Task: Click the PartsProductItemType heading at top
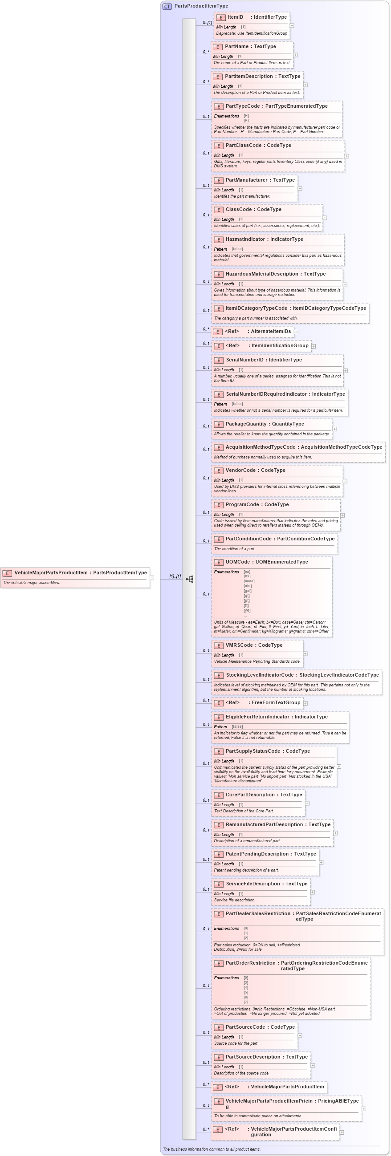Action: pos(201,6)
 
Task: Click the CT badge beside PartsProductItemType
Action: pos(167,6)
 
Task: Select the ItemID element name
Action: pos(235,17)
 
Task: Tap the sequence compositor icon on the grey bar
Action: pos(189,580)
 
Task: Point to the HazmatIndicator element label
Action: pos(245,239)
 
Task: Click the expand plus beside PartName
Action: pos(295,55)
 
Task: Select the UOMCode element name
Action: pos(237,562)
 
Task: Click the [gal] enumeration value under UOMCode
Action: pos(247,591)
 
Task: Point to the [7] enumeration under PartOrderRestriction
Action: pos(245,1002)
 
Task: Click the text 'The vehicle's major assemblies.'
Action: pos(32,583)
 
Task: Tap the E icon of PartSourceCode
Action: pos(219,1028)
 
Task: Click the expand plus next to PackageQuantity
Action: pos(334,429)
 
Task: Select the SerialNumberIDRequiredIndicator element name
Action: pos(266,394)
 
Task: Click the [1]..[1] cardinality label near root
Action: pos(175,576)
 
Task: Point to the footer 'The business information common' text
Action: pos(211,1149)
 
